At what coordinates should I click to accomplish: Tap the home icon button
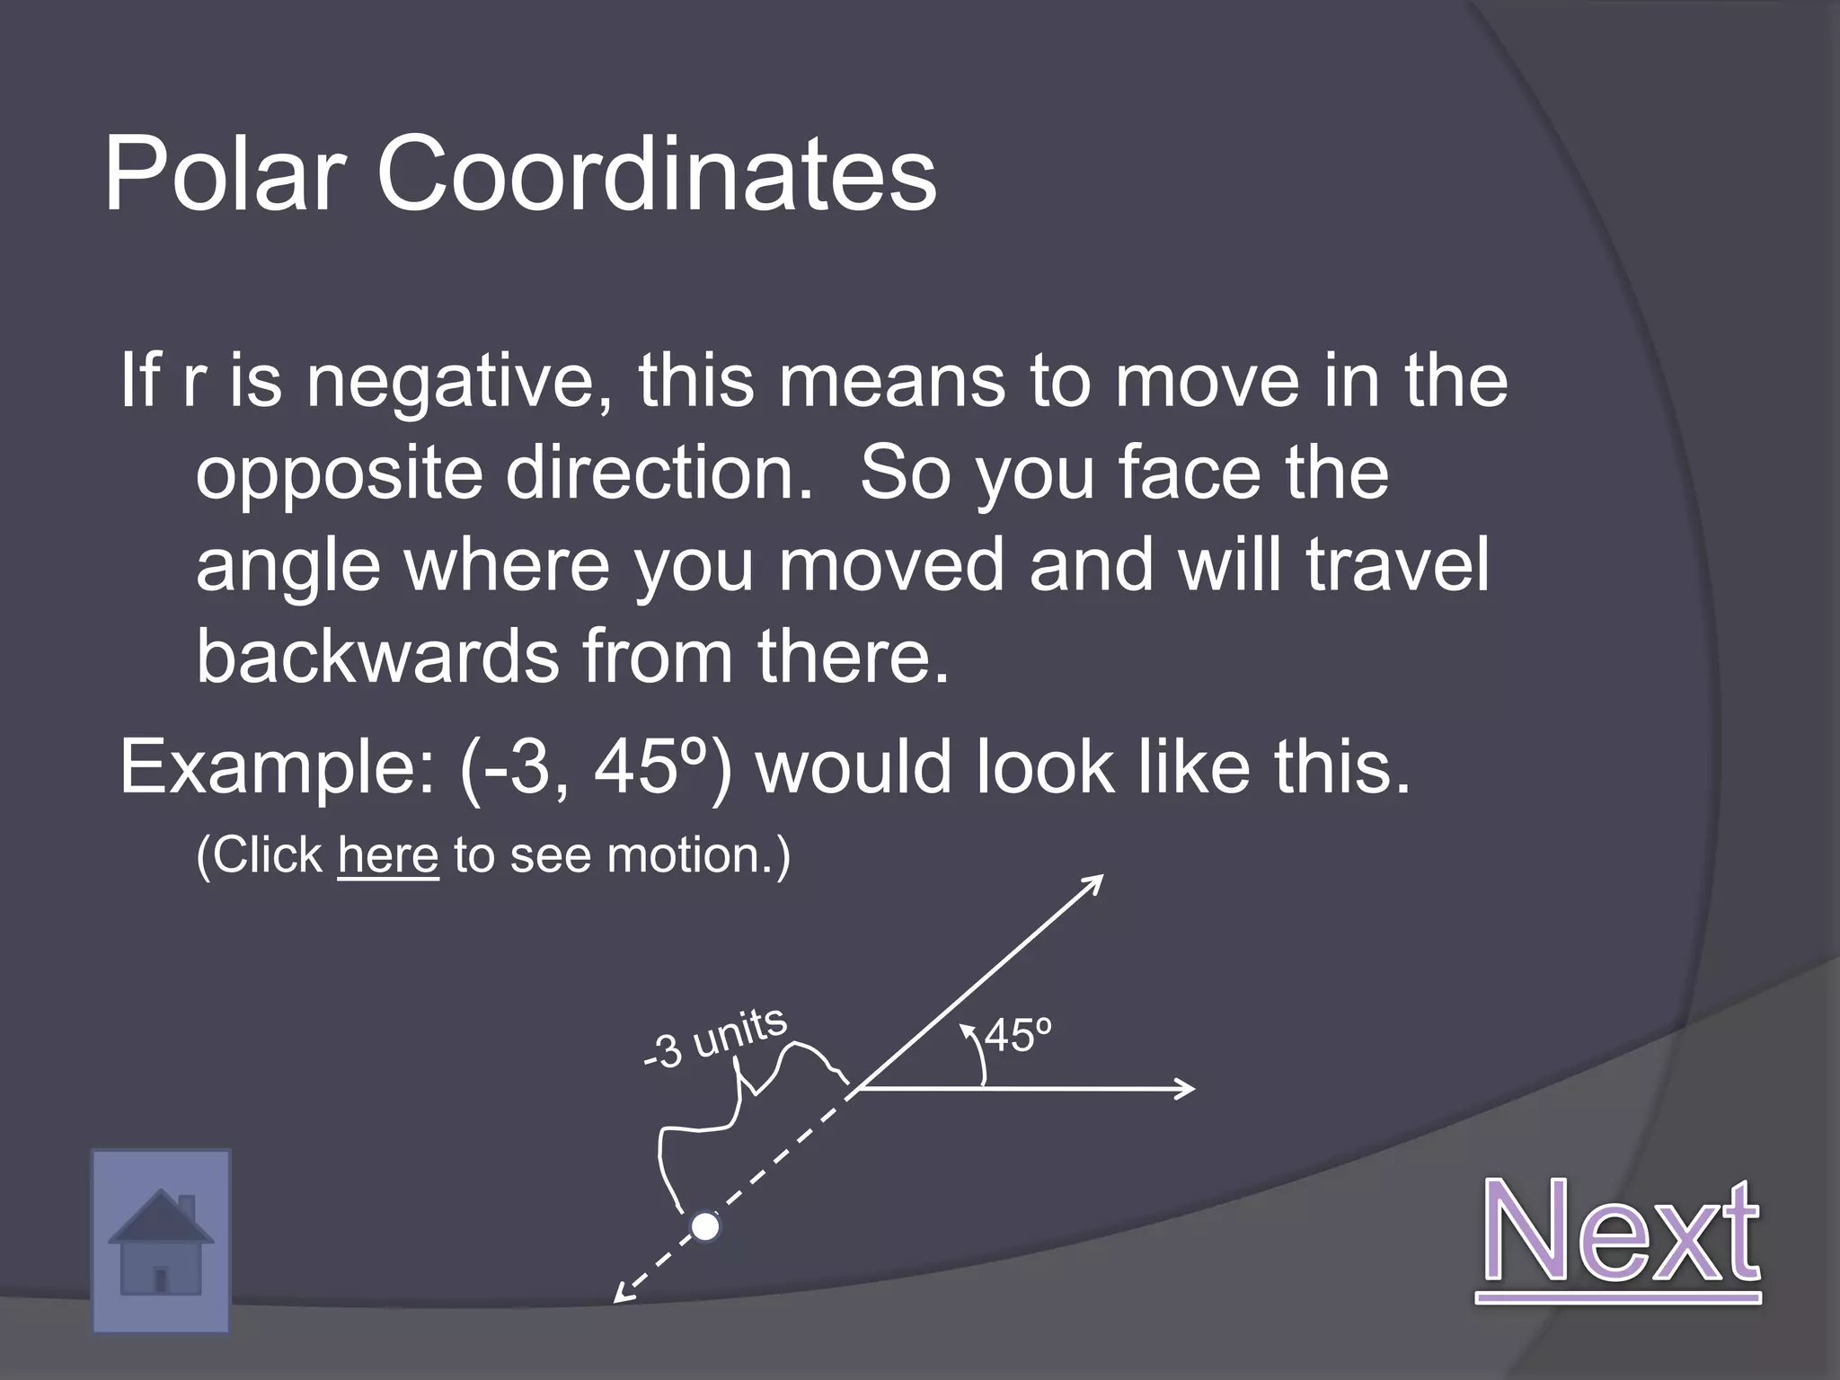pyautogui.click(x=161, y=1241)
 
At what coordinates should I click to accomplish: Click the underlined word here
pyautogui.click(x=388, y=854)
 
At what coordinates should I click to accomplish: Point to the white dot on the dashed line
pyautogui.click(x=705, y=1226)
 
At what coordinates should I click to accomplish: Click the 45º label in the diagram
pyautogui.click(x=1018, y=1036)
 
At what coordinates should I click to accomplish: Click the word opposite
pyautogui.click(x=340, y=473)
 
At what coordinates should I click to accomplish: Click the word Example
pyautogui.click(x=277, y=767)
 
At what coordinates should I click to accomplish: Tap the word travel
pyautogui.click(x=1396, y=565)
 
